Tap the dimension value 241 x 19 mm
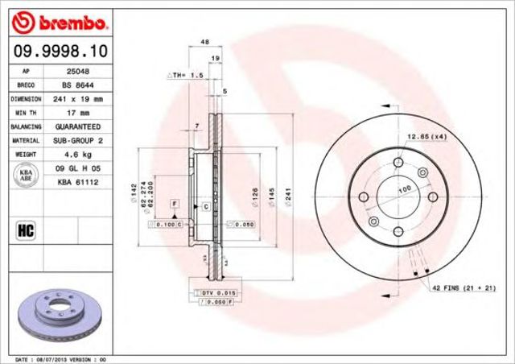79,99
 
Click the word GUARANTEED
78,127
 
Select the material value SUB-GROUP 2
78,141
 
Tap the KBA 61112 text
77,183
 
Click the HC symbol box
24,231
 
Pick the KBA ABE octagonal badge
24,176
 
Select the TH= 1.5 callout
183,74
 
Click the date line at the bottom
61,358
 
